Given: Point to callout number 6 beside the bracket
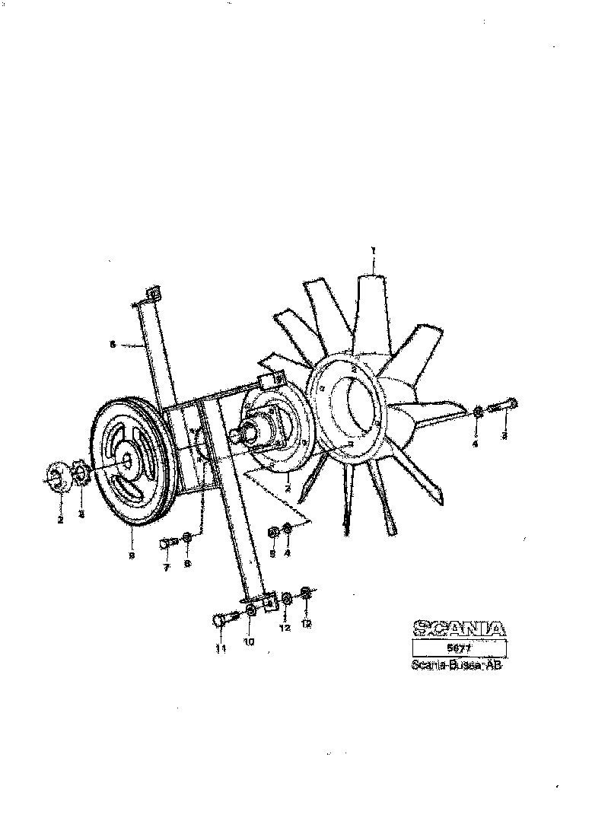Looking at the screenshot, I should click(113, 344).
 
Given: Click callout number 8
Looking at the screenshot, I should click(188, 564).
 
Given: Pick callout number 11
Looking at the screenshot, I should click(221, 648).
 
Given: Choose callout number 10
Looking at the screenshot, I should click(249, 641).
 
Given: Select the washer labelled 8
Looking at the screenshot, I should click(187, 539).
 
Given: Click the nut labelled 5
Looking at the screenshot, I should click(273, 533).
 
